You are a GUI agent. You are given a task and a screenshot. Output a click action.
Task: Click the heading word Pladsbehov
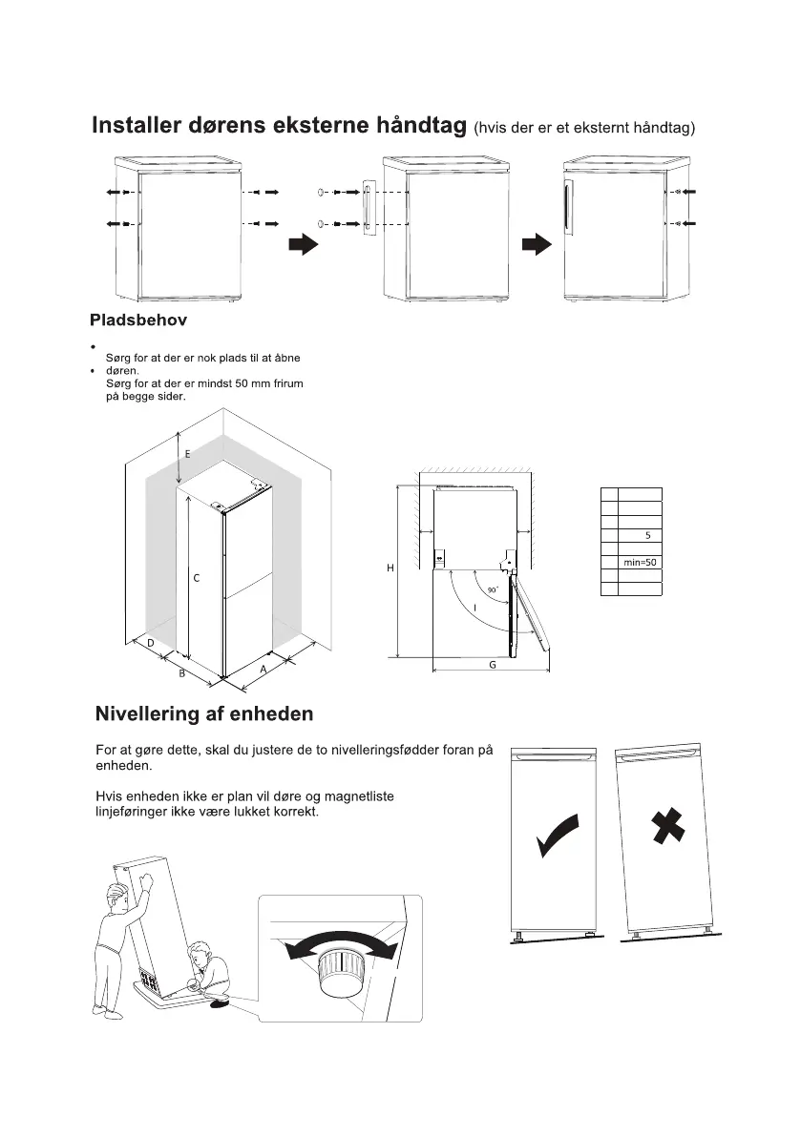(138, 319)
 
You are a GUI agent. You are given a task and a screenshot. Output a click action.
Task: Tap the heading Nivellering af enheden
(204, 714)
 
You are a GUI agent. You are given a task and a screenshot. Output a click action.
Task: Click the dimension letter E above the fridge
(187, 455)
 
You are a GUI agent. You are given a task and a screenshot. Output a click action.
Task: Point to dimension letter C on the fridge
(196, 578)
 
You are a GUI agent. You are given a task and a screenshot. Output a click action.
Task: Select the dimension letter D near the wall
(151, 643)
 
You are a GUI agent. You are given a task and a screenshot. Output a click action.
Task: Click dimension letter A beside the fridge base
(263, 670)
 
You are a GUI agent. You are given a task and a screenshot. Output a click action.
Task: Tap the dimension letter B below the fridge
(181, 674)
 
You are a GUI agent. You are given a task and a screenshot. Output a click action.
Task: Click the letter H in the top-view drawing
(390, 568)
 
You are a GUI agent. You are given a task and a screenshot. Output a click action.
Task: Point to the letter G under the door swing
(493, 664)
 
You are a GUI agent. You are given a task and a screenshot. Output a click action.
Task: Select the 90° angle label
(492, 591)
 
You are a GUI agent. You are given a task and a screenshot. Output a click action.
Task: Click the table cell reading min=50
(640, 563)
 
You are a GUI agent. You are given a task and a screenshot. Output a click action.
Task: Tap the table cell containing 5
(647, 535)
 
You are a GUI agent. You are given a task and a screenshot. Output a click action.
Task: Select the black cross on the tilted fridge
(668, 827)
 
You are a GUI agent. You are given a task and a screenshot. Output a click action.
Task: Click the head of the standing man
(118, 898)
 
